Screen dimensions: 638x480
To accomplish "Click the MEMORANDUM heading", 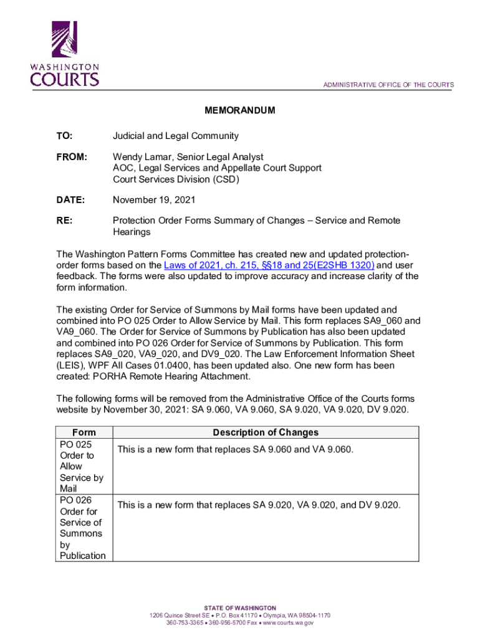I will coord(240,110).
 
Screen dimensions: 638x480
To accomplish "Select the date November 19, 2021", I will coord(154,200).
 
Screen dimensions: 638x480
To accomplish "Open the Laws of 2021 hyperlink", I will coord(269,265).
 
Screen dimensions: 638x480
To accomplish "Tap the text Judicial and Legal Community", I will coord(175,136).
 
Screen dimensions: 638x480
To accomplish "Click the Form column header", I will coord(84,432).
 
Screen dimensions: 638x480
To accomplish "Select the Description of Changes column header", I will coord(266,432).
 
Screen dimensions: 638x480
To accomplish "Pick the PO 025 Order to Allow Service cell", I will coord(81,466).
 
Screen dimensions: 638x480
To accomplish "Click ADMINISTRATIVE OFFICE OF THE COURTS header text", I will coord(388,85).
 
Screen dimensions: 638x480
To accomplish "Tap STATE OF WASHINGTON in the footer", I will coord(240,607).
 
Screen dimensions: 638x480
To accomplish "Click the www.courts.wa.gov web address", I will coord(288,622).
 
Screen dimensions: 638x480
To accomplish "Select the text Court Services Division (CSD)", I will coord(176,179).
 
